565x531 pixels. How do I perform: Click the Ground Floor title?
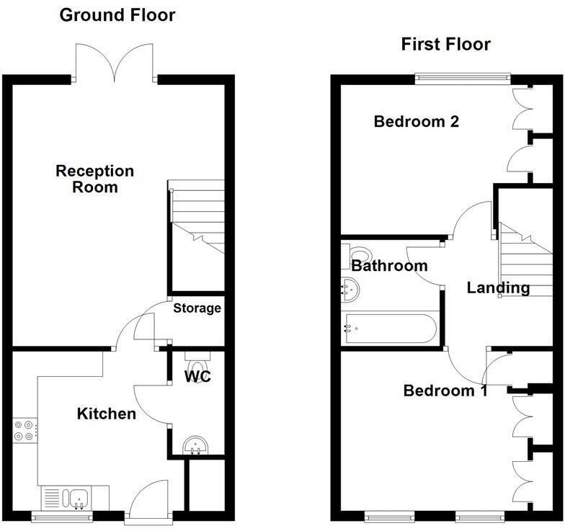click(117, 15)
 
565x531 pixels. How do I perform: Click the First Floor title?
click(445, 45)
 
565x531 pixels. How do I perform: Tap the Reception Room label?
click(95, 179)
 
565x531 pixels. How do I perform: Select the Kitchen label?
click(107, 414)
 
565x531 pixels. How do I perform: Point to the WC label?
click(197, 376)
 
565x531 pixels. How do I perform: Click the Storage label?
click(197, 308)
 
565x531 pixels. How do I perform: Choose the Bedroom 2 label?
click(417, 122)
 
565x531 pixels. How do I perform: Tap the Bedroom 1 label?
click(445, 391)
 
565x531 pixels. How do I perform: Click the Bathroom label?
click(389, 266)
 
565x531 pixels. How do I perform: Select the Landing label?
click(498, 288)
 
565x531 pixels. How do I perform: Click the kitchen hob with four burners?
click(23, 430)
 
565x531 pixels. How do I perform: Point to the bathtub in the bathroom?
click(390, 329)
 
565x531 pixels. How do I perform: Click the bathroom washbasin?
click(351, 290)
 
